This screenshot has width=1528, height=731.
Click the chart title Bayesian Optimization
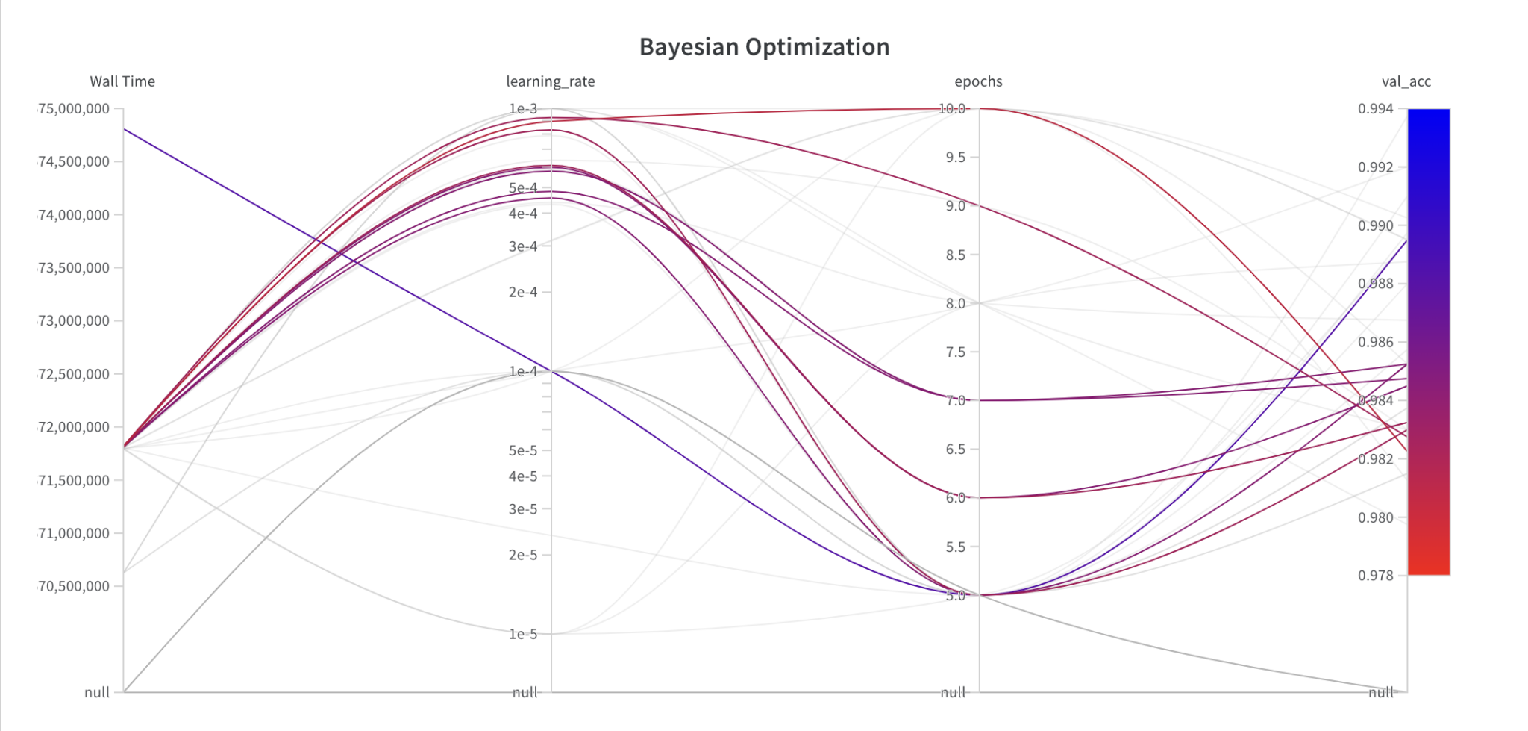764,47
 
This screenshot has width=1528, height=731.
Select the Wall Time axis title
122,81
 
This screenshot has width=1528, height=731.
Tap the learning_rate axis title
551,81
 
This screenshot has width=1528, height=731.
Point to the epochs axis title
978,81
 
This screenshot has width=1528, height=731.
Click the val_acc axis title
1406,81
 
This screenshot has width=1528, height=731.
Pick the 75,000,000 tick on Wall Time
74,109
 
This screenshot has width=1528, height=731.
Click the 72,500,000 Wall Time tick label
74,374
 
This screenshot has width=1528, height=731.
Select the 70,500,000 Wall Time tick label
74,586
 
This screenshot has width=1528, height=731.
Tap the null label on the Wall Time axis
97,692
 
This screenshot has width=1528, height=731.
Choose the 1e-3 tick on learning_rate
523,109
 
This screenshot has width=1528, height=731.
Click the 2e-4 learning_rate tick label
523,292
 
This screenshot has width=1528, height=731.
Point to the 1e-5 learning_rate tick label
523,634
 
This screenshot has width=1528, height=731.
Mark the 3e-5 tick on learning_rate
523,509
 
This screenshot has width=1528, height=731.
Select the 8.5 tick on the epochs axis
956,255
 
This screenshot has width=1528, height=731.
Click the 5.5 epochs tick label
956,547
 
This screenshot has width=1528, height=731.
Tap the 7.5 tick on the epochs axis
956,352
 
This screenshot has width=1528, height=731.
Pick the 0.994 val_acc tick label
1375,109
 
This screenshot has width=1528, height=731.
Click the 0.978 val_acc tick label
1375,575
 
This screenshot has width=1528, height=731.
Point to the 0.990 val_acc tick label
1375,225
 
